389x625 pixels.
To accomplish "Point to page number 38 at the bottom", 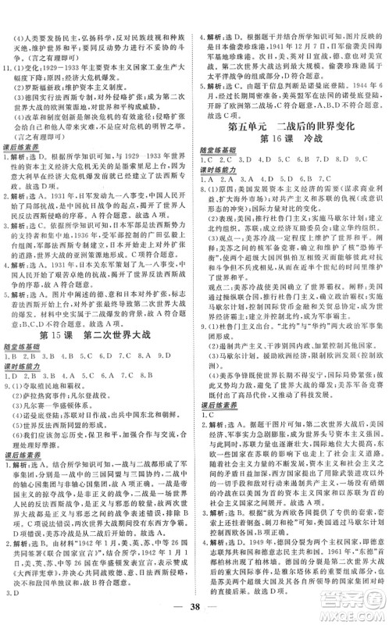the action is [194, 605].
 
